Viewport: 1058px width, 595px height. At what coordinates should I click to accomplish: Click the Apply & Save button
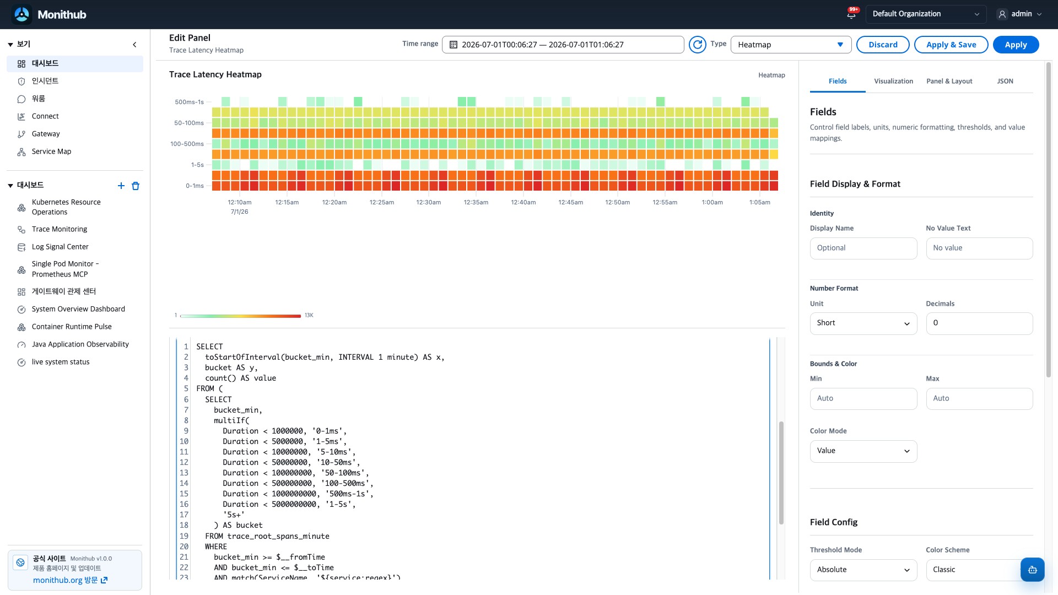[x=951, y=45]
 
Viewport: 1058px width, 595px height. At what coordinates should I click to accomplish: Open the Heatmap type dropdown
[x=791, y=45]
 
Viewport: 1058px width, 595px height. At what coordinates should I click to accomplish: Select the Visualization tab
[x=893, y=81]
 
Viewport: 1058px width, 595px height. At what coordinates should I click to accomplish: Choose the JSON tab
[x=1005, y=81]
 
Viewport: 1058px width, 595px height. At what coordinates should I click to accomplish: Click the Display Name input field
[x=863, y=248]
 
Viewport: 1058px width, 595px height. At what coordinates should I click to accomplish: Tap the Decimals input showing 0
[x=979, y=323]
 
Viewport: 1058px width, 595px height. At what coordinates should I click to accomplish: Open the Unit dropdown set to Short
[x=863, y=323]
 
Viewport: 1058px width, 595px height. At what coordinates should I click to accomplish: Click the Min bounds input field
[x=863, y=399]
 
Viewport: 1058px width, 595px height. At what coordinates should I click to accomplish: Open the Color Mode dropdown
[x=863, y=451]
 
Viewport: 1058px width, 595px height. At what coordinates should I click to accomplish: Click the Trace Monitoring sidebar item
[x=60, y=229]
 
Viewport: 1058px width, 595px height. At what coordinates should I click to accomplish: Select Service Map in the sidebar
[x=51, y=152]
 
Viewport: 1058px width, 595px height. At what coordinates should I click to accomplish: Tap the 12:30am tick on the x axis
[x=429, y=202]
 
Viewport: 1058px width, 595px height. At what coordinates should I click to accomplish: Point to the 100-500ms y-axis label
[x=187, y=144]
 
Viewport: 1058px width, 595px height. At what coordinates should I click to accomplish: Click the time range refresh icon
[x=698, y=45]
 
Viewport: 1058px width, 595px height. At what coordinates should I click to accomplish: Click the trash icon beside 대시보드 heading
[x=136, y=186]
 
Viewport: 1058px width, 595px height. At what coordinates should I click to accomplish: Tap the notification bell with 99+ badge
[x=851, y=14]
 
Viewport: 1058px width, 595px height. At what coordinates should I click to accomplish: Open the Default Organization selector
[x=926, y=14]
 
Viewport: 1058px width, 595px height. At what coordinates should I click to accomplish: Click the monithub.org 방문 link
[x=70, y=580]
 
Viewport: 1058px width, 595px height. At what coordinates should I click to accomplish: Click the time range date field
[x=563, y=45]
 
